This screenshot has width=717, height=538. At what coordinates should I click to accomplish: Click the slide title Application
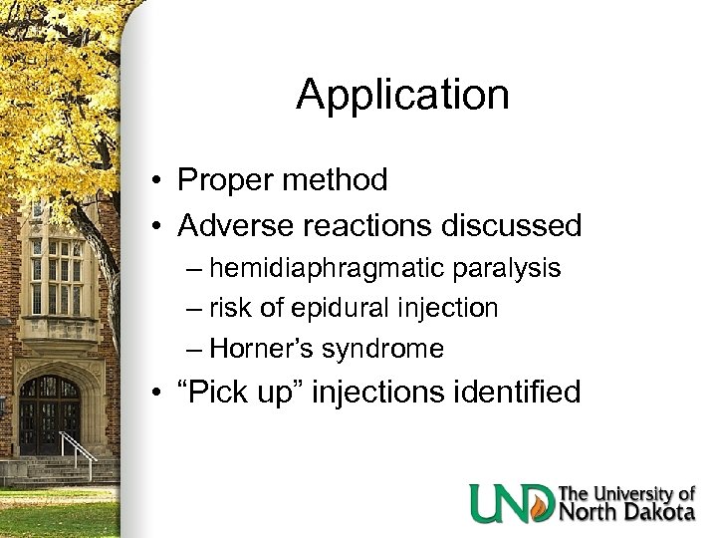pos(402,96)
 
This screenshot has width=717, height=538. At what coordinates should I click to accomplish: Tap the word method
pos(339,180)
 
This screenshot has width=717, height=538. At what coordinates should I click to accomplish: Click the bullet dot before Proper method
pos(158,181)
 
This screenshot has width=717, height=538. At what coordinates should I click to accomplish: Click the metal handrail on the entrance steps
pos(83,453)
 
